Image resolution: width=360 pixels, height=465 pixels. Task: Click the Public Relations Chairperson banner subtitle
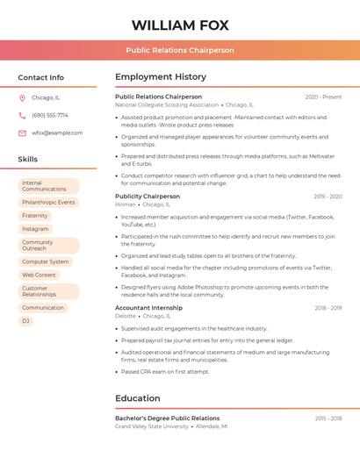pos(180,50)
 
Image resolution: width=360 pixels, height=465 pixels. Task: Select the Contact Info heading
pos(40,77)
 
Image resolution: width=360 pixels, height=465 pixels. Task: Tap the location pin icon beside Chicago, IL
pos(22,97)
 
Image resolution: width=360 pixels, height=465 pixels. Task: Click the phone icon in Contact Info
pos(22,115)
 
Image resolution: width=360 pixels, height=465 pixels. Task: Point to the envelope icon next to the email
pos(22,133)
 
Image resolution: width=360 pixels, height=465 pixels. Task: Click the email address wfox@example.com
pos(57,133)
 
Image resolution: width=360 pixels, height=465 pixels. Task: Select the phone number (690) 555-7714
pos(50,115)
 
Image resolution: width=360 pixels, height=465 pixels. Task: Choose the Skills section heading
pos(28,160)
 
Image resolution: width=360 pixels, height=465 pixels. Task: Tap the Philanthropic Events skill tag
pos(48,202)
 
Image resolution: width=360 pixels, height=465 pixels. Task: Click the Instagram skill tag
pos(35,229)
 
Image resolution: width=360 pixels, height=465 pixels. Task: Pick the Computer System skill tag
pos(45,261)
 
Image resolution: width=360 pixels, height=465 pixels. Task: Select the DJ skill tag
pos(25,321)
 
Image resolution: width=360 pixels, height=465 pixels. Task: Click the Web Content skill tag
pos(39,275)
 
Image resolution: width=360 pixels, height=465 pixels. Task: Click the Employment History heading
pos(161,77)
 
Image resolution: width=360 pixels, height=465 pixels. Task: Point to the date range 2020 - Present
pos(323,97)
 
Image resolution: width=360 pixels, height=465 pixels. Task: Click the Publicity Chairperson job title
pos(148,197)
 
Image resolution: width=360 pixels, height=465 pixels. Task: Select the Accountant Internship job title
pos(148,308)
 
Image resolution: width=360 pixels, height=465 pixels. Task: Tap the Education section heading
pos(138,398)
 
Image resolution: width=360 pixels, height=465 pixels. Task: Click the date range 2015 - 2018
pos(328,418)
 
